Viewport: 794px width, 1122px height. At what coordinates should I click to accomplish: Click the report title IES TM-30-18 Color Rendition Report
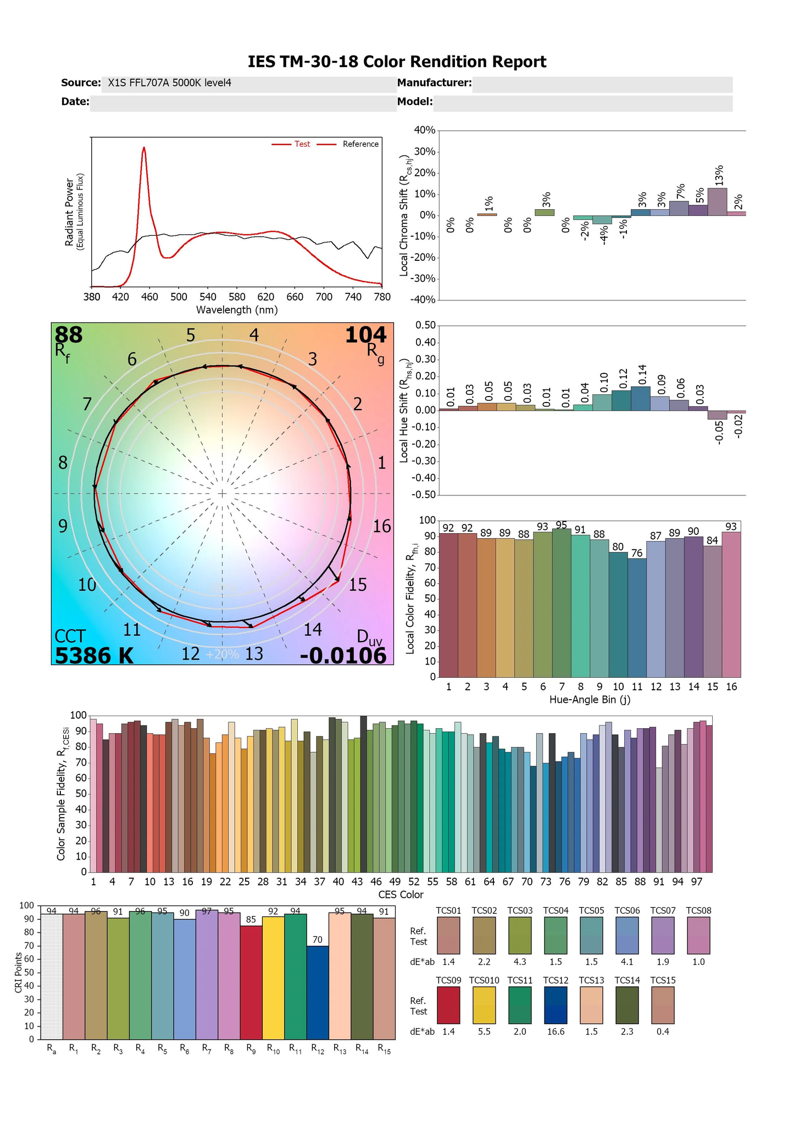[397, 62]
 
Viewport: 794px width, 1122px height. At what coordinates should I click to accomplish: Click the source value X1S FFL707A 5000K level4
[169, 83]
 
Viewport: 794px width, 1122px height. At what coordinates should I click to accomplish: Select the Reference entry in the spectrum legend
[360, 144]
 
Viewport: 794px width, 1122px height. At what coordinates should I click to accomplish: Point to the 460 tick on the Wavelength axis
[149, 297]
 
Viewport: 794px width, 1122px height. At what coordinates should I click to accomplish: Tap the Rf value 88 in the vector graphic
[69, 334]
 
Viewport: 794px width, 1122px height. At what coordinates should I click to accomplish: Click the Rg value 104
[366, 334]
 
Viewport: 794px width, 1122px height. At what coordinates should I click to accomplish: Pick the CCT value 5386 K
[94, 656]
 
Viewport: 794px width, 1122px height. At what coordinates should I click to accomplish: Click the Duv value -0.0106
[343, 656]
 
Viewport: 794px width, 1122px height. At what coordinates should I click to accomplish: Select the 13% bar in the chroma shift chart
[717, 202]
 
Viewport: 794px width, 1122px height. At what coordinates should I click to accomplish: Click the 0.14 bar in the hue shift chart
[641, 399]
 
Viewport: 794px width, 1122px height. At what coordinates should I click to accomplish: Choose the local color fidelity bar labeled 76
[637, 617]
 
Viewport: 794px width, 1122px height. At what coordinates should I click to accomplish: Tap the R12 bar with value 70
[318, 992]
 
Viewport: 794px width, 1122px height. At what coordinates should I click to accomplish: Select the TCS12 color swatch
[556, 1006]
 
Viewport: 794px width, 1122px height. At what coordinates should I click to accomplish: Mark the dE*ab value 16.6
[556, 1032]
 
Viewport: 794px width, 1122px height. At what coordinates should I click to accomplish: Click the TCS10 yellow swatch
[484, 1006]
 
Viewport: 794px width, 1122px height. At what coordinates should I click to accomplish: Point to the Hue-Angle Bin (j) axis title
[589, 700]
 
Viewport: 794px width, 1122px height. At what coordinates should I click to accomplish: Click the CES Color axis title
[401, 895]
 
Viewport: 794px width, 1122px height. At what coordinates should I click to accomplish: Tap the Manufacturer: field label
[434, 83]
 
